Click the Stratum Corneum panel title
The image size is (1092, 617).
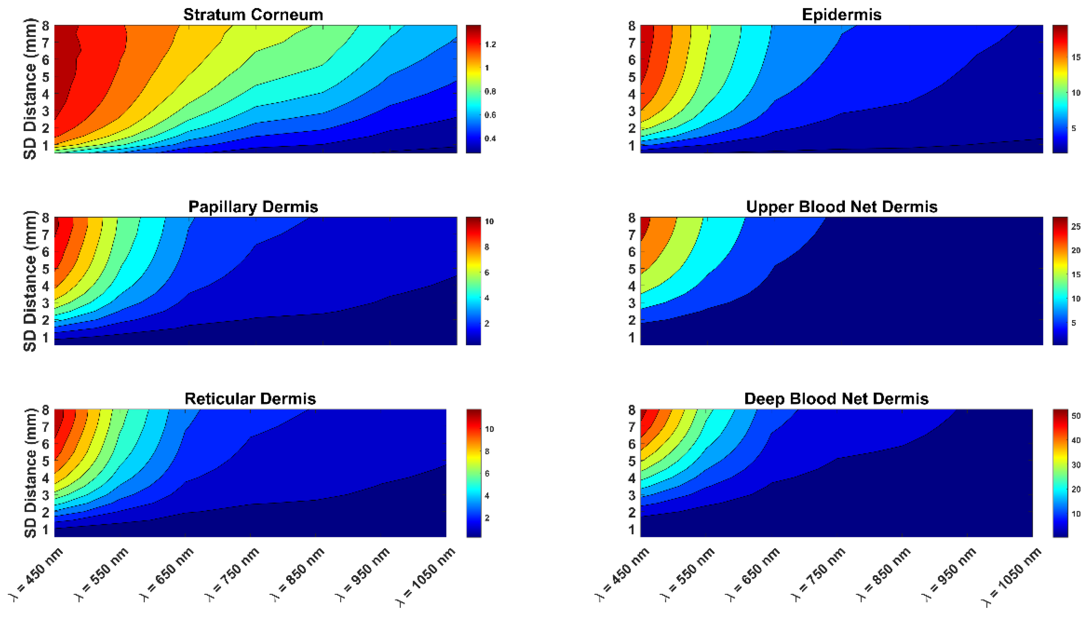coord(253,15)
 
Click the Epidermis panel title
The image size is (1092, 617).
coord(842,15)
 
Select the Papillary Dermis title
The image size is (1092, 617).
coord(253,207)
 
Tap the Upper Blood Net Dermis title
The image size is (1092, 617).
coord(842,207)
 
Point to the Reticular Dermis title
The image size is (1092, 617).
coord(250,399)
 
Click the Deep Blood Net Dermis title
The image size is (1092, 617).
coord(837,399)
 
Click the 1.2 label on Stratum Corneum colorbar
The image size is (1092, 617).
coord(490,45)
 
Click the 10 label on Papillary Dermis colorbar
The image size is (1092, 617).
coord(489,221)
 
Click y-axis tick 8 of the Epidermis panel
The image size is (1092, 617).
coord(631,26)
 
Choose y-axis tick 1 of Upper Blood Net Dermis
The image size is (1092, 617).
coord(631,338)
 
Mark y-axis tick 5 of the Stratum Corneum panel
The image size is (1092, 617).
coord(45,77)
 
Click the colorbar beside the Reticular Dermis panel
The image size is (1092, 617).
coord(474,473)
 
